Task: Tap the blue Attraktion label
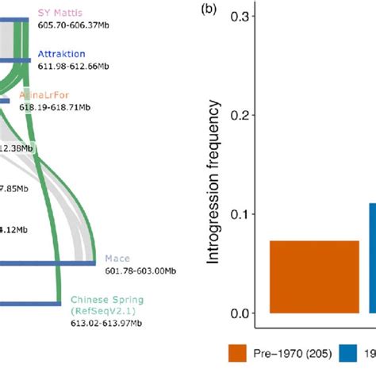pyautogui.click(x=62, y=53)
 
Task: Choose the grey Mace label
pyautogui.click(x=115, y=259)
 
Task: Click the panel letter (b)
pyautogui.click(x=208, y=9)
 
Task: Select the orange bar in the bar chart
pyautogui.click(x=314, y=277)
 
